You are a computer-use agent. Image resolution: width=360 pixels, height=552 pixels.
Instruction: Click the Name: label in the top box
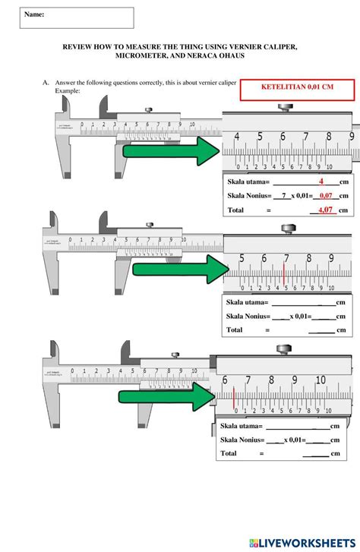[x=34, y=14]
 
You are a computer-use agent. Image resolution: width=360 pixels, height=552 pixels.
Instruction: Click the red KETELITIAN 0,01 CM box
[x=296, y=88]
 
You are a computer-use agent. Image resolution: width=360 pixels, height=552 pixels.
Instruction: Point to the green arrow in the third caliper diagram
[x=168, y=394]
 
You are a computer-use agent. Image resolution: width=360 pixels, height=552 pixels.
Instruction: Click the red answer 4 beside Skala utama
[x=321, y=181]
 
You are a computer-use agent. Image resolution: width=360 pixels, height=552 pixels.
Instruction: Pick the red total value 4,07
[x=325, y=210]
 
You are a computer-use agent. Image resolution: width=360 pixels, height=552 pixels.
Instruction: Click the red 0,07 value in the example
[x=327, y=196]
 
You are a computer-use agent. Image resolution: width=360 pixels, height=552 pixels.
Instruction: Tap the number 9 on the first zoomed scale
[x=351, y=137]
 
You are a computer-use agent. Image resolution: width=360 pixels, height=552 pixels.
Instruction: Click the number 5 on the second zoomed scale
[x=242, y=259]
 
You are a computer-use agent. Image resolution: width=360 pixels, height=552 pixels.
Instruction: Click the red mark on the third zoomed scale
[x=235, y=397]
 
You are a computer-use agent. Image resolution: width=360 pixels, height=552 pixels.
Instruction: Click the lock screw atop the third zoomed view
[x=283, y=349]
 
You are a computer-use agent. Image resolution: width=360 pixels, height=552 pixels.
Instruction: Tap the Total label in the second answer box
[x=235, y=330]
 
